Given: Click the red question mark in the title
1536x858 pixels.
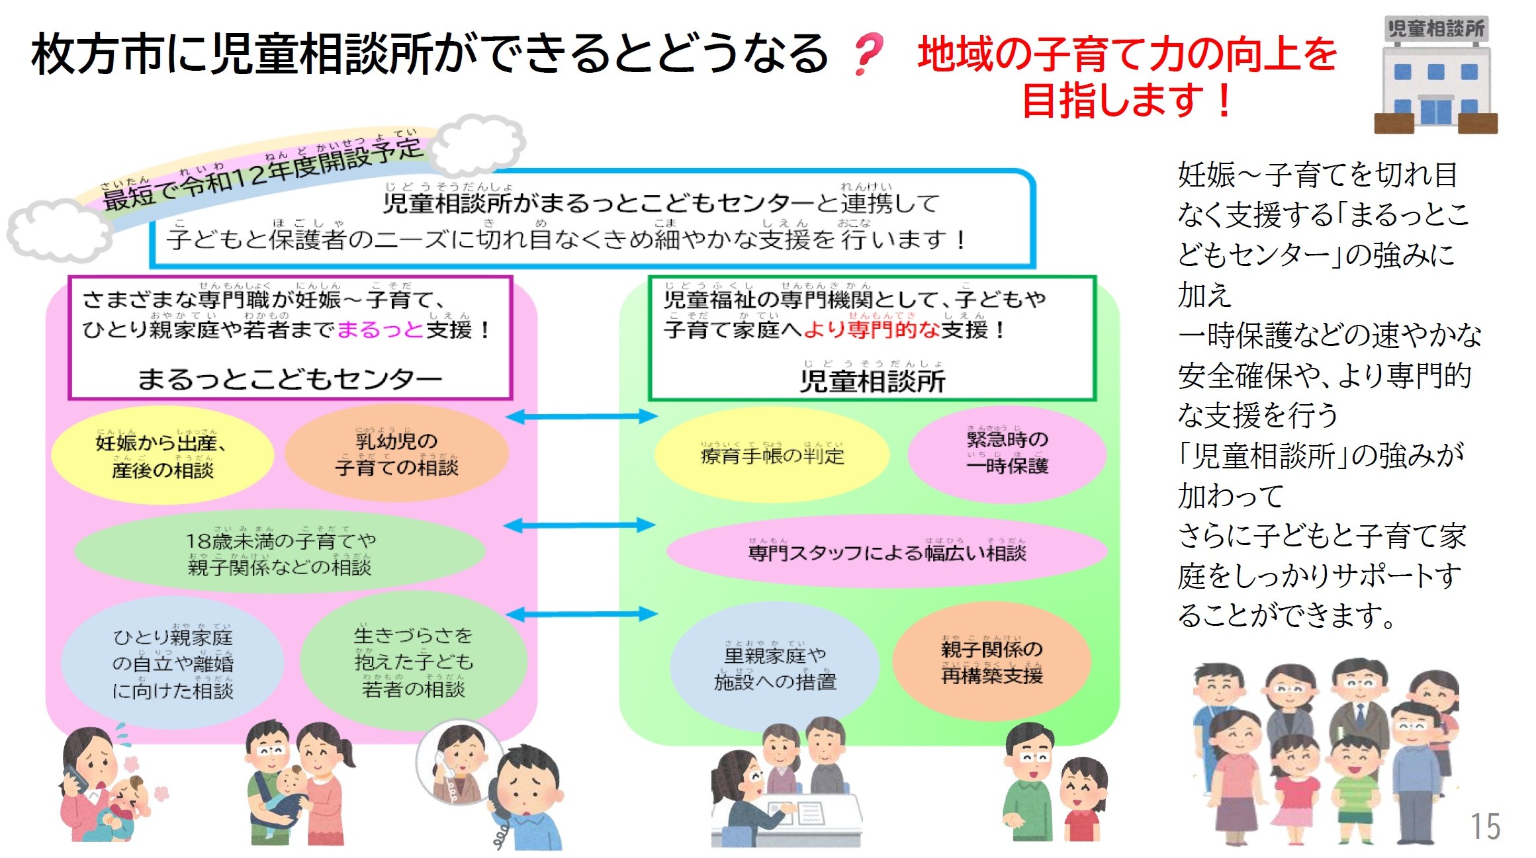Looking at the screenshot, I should pos(868,54).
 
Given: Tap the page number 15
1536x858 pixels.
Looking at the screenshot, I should pos(1485,827).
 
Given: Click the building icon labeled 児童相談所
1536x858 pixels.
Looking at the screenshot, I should pos(1435,75).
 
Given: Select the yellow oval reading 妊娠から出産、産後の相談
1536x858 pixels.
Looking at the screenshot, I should pos(162,456).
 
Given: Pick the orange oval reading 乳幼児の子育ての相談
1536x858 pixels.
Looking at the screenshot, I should pos(396,454).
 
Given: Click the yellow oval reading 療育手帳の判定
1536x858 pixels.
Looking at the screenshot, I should pos(772,455).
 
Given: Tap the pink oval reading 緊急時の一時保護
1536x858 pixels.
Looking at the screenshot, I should pos(1007,452).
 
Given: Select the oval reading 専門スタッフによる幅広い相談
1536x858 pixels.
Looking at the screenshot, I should pos(886,551).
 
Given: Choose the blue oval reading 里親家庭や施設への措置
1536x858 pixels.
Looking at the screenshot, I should pos(775,668).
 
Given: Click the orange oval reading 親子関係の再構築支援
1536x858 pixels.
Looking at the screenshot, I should pos(991,662).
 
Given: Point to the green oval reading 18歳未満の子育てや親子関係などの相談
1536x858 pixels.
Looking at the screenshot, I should pos(280,554).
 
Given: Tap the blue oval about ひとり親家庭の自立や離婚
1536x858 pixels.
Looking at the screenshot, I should pos(173,664).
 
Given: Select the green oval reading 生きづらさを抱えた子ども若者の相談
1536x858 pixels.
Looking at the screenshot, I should pos(414,662).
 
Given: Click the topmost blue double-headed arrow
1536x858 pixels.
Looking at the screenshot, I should pos(581,416).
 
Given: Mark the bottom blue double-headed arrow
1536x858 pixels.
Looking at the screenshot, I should pos(581,614).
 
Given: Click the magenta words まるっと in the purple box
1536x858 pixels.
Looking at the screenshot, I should pos(380,329).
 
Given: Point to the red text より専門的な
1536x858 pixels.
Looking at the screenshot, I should pos(872,329).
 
